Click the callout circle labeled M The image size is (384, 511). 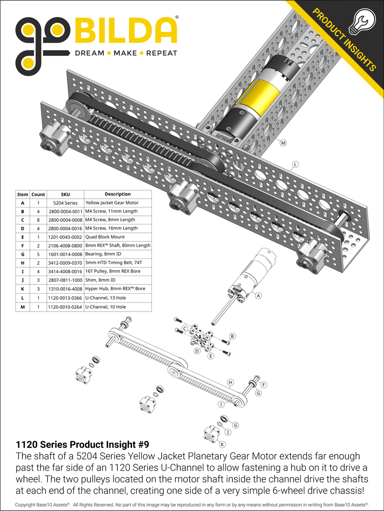pos(283,142)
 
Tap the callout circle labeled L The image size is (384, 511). pos(295,164)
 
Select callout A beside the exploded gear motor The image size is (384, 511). pos(259,296)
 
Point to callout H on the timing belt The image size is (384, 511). pos(230,382)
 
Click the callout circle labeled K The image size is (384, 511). pos(222,444)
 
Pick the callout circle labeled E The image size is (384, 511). pos(211,356)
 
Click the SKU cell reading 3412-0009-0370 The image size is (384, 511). pos(65,263)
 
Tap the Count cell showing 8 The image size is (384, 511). pos(39,220)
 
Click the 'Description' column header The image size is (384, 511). pos(117,194)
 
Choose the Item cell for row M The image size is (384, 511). pos(23,307)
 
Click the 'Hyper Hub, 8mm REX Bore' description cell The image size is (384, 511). pos(117,289)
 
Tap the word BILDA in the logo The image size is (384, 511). pos(126,31)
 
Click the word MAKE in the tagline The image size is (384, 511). pos(125,53)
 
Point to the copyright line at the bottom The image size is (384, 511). pos(192,504)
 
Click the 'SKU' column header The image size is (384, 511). pos(65,194)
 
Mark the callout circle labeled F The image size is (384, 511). pos(264,384)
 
